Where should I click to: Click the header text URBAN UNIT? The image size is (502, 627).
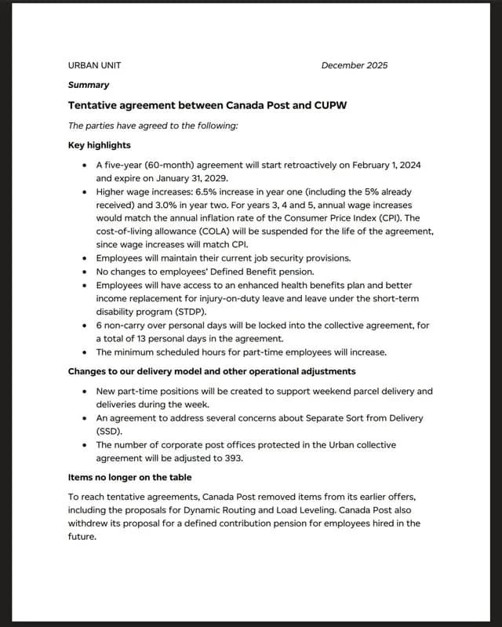click(94, 65)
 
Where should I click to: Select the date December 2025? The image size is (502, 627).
click(354, 65)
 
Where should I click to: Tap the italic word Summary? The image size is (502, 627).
click(89, 85)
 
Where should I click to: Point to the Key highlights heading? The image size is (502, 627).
click(100, 145)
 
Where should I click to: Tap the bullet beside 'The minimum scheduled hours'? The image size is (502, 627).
click(84, 352)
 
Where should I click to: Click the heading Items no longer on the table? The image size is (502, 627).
click(129, 477)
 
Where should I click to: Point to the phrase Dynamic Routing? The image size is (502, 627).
click(227, 510)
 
